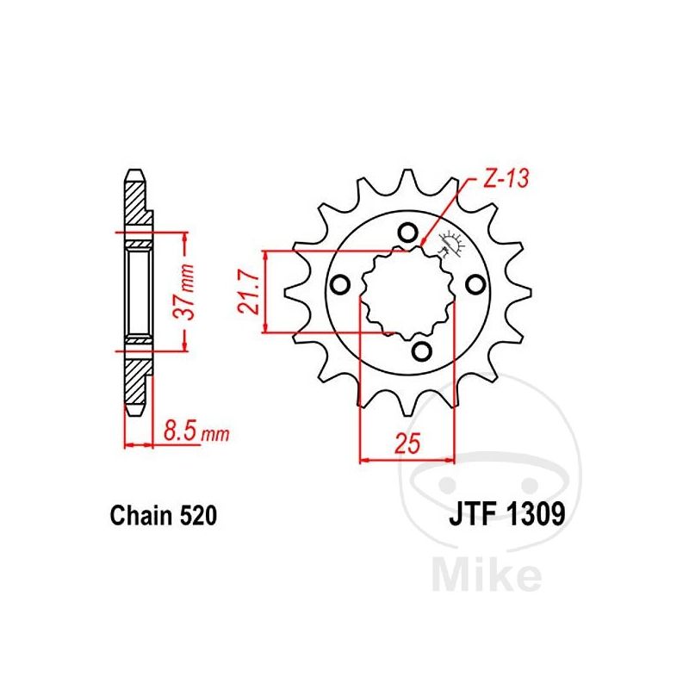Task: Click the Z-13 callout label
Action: [x=506, y=178]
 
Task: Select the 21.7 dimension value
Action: [x=249, y=292]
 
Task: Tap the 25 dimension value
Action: [x=407, y=443]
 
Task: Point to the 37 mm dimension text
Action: [x=183, y=292]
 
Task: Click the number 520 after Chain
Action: [x=198, y=515]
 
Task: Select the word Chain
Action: [x=141, y=515]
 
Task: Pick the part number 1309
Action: [x=536, y=514]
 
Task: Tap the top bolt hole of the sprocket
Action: [x=407, y=232]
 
